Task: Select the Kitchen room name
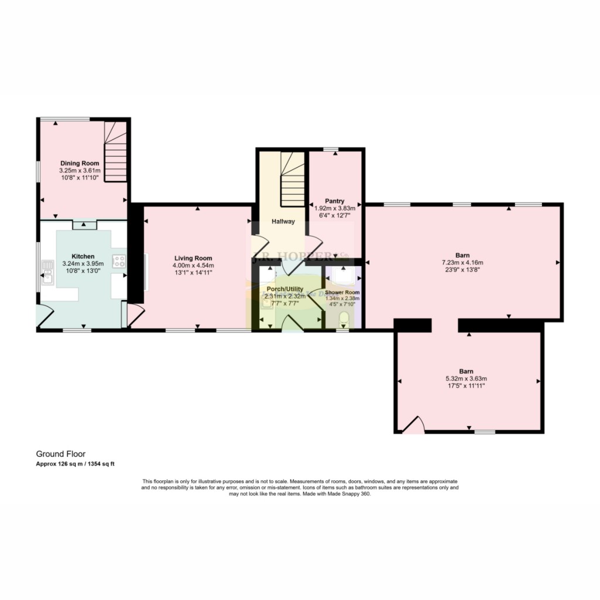(x=83, y=257)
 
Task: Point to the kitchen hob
(x=119, y=261)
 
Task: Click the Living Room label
(x=193, y=258)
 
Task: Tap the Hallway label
(x=282, y=221)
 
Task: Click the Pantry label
(x=335, y=200)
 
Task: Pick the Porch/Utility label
(x=284, y=289)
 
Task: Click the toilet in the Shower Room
(x=344, y=319)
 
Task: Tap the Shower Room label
(x=343, y=292)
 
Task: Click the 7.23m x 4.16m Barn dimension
(x=462, y=262)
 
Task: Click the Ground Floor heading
(x=61, y=454)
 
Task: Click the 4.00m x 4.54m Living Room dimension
(x=193, y=265)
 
